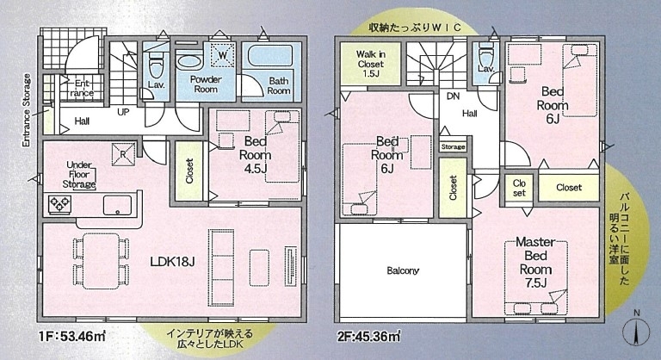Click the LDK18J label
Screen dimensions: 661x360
[x=172, y=262]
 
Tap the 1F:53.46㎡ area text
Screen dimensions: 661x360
[x=72, y=338]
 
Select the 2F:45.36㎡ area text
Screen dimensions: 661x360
[x=368, y=338]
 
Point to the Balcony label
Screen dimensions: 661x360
[x=403, y=270]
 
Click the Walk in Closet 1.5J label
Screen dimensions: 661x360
[x=371, y=64]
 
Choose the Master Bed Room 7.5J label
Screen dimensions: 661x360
[x=535, y=262]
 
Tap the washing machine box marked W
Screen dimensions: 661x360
[x=222, y=55]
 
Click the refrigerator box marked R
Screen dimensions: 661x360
[x=123, y=154]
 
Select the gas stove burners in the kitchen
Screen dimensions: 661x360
[x=60, y=204]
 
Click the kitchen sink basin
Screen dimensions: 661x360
[x=117, y=206]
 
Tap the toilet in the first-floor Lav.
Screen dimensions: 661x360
[x=154, y=63]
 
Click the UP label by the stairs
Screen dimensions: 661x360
[x=123, y=112]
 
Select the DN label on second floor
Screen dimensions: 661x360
[x=454, y=96]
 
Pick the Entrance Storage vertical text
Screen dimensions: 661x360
[x=27, y=110]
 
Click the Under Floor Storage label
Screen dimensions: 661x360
[x=79, y=174]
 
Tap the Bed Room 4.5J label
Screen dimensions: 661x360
[x=255, y=155]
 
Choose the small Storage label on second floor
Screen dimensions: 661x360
[x=454, y=147]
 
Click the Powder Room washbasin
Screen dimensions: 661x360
[x=189, y=61]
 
